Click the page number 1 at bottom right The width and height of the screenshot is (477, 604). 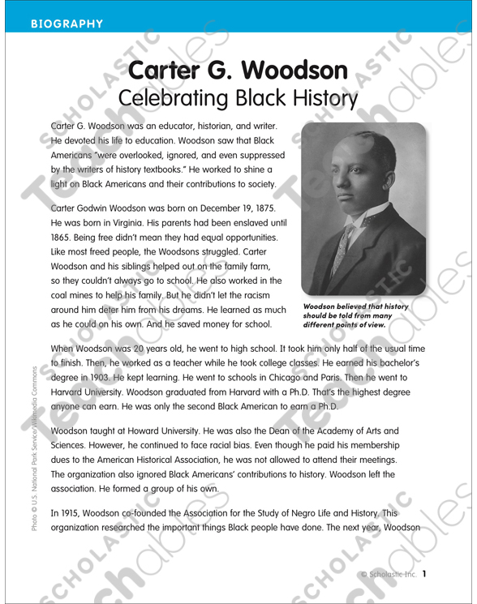(x=423, y=575)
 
